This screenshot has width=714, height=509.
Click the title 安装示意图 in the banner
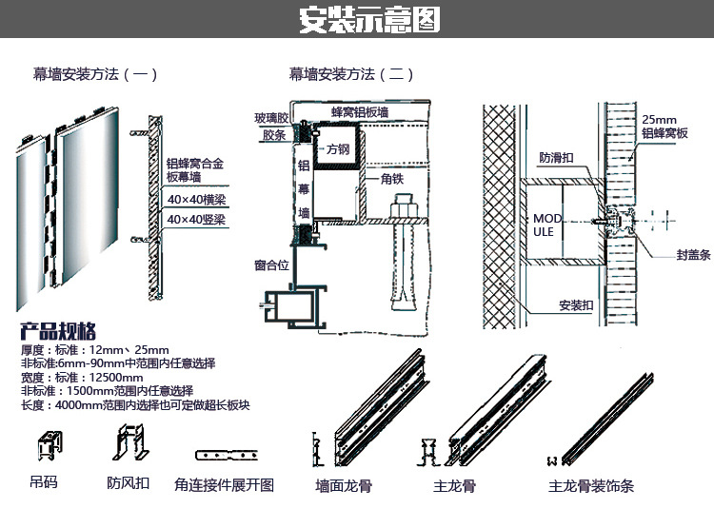369,20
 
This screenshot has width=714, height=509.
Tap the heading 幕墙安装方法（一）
95,73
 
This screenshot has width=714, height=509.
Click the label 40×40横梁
196,200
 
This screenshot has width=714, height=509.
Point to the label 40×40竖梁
196,220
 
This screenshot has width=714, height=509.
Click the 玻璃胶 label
270,118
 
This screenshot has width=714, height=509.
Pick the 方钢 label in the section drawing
338,149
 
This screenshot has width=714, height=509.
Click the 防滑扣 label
555,157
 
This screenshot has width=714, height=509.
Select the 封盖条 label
693,255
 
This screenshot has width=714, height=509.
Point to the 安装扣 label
576,306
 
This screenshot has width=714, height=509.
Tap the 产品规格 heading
59,332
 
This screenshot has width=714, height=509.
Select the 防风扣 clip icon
128,445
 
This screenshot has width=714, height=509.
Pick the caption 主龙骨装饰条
591,486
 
